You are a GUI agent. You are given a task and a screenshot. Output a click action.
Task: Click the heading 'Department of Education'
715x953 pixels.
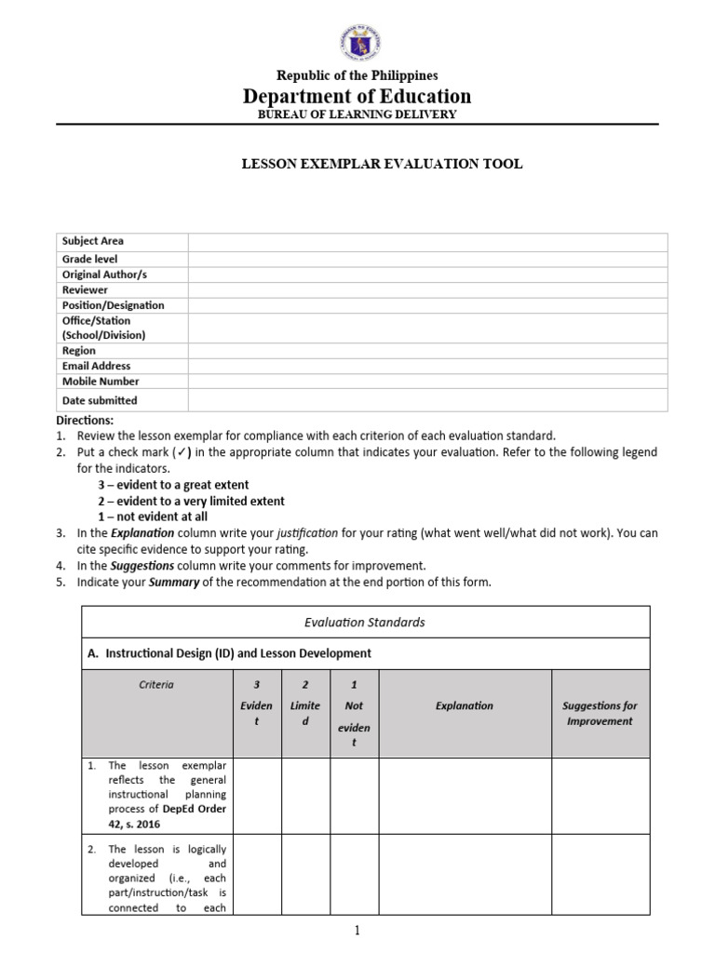pyautogui.click(x=357, y=96)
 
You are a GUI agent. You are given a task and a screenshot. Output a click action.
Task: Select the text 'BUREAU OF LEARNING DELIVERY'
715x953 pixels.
pyautogui.click(x=357, y=114)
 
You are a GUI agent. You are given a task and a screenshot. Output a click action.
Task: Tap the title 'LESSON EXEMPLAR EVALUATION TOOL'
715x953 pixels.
pyautogui.click(x=383, y=164)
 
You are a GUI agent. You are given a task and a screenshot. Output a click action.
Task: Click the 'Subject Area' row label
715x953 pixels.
pyautogui.click(x=93, y=241)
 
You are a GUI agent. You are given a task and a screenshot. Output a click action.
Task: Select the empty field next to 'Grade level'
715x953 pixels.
pyautogui.click(x=427, y=259)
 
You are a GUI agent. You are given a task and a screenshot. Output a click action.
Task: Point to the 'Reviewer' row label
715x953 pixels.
pyautogui.click(x=86, y=289)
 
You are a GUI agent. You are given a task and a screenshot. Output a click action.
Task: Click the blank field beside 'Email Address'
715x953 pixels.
pyautogui.click(x=427, y=366)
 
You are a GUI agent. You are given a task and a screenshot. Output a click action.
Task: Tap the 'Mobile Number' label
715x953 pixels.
pyautogui.click(x=101, y=381)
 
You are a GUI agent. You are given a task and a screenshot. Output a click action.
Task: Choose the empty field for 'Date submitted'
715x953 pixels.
pyautogui.click(x=427, y=400)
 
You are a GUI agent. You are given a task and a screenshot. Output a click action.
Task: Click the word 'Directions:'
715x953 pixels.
pyautogui.click(x=84, y=421)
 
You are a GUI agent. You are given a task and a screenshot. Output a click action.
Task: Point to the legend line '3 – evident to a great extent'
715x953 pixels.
pyautogui.click(x=173, y=485)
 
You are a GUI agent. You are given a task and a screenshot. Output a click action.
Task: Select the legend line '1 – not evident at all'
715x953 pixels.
pyautogui.click(x=153, y=517)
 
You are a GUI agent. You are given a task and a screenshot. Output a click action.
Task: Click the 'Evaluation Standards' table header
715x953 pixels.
pyautogui.click(x=365, y=622)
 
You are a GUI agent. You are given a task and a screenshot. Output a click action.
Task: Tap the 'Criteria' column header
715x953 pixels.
pyautogui.click(x=156, y=684)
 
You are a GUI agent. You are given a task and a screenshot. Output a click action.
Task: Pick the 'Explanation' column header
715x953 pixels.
pyautogui.click(x=465, y=705)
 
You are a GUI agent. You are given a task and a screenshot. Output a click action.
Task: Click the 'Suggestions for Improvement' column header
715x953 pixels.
pyautogui.click(x=600, y=713)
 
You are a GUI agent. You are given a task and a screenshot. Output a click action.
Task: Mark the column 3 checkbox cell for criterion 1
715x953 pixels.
pyautogui.click(x=257, y=796)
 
